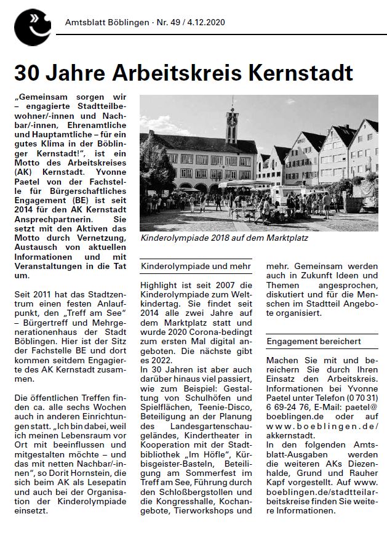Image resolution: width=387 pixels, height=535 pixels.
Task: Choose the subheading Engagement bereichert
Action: pyautogui.click(x=313, y=340)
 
